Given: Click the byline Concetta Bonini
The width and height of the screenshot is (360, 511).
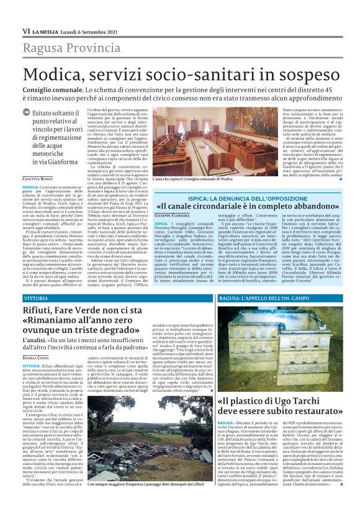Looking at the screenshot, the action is tap(37, 179).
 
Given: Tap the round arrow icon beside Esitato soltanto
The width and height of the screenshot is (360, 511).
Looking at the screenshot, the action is tap(26, 113).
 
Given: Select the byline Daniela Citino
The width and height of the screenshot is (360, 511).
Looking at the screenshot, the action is tap(37, 358).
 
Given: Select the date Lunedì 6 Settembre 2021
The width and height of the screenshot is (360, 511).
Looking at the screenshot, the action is tap(88, 30).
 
